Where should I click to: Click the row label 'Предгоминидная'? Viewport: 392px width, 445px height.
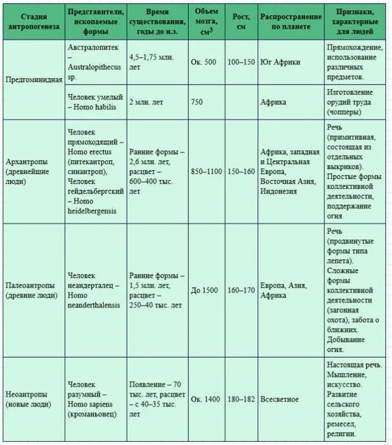33,79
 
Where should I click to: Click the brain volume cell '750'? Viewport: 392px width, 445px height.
197,102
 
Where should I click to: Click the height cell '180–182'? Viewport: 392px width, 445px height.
241,399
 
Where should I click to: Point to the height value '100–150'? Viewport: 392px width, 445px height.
241,62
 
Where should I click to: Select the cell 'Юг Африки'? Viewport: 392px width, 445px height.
280,62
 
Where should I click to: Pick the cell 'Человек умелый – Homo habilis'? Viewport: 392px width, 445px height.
95,102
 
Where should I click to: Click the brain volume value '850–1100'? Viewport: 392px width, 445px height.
207,172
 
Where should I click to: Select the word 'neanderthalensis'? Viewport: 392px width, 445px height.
94,305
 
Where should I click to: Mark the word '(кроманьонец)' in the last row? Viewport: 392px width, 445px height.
92,414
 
